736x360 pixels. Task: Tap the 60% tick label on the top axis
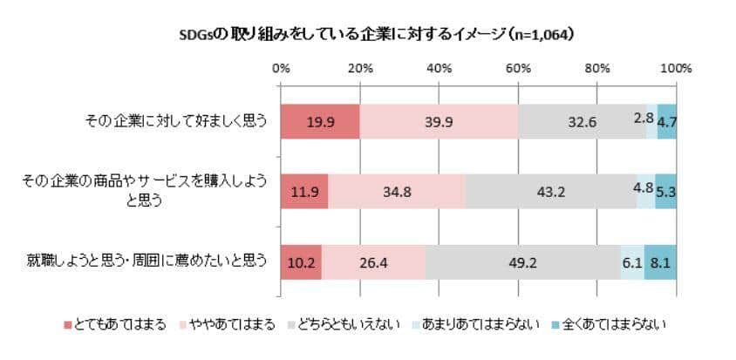coord(518,67)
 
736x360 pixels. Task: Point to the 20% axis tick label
coord(359,67)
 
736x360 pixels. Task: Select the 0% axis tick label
coord(281,67)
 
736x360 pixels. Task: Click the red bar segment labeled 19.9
coord(320,121)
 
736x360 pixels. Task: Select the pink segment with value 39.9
coord(438,121)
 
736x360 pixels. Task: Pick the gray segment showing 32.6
coord(582,121)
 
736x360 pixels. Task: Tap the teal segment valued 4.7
coord(667,121)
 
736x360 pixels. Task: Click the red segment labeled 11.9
coord(304,191)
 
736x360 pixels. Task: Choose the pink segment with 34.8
coord(397,191)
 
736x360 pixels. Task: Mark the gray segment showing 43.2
coord(551,191)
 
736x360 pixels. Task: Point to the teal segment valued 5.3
coord(666,191)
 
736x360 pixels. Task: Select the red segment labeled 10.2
coord(301,262)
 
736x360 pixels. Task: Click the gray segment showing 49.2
coord(522,262)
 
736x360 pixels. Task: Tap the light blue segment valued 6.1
coord(632,262)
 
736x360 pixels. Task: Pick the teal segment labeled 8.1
coord(661,262)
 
